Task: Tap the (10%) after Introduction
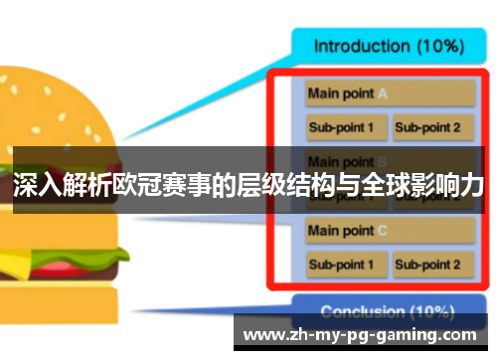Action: coord(438,46)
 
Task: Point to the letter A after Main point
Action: coord(382,94)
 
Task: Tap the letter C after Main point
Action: coord(382,231)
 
